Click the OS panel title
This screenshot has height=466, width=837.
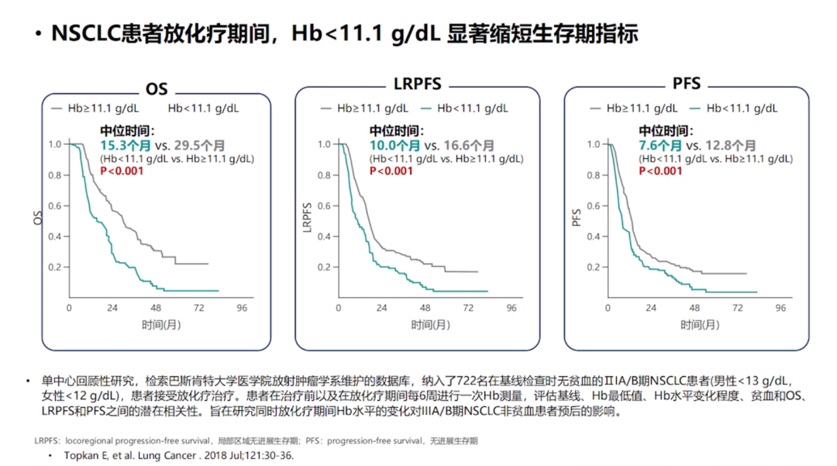pyautogui.click(x=157, y=90)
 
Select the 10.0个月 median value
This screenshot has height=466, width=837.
pyautogui.click(x=394, y=146)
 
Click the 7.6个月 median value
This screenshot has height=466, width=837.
pyautogui.click(x=661, y=146)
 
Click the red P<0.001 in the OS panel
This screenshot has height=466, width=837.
pyautogui.click(x=122, y=171)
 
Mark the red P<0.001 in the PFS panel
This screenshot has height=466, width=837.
pyautogui.click(x=661, y=171)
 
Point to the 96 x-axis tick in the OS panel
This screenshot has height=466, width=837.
pyautogui.click(x=242, y=308)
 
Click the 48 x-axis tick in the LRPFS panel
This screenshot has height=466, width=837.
pyautogui.click(x=425, y=308)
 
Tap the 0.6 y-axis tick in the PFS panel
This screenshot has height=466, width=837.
pyautogui.click(x=593, y=205)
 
